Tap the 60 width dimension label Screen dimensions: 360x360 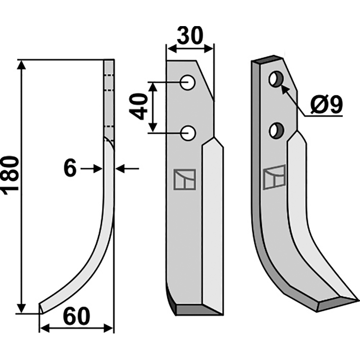(x=76, y=316)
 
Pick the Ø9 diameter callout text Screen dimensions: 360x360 (x=326, y=104)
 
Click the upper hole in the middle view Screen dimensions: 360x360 (x=188, y=82)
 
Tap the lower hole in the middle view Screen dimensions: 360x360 (x=188, y=133)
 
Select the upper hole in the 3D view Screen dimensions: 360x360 (x=276, y=79)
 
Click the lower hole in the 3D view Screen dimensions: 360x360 (x=276, y=130)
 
